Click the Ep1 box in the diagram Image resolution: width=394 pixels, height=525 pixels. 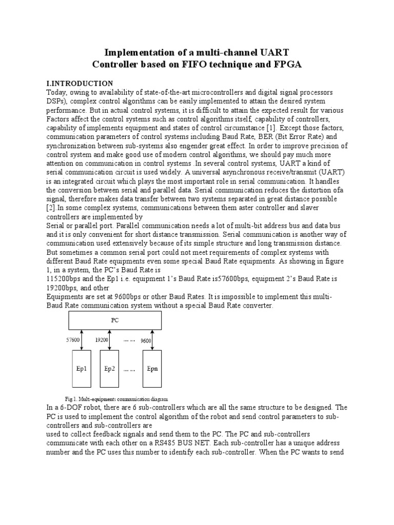(81, 369)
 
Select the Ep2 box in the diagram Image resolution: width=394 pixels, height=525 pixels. (110, 369)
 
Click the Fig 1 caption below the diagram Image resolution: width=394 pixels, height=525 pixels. (116, 398)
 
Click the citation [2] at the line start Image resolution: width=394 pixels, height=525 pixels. (51, 207)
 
